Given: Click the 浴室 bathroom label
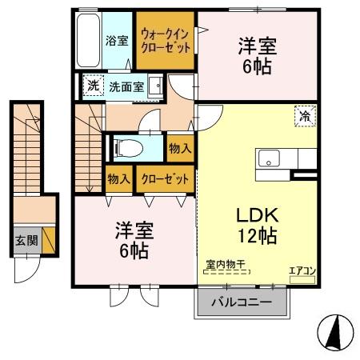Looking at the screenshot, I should click(x=117, y=41).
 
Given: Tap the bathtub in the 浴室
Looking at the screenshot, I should click(x=88, y=40).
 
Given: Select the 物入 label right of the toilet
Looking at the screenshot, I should click(x=179, y=148).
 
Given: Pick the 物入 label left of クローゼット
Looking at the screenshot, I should click(x=119, y=179).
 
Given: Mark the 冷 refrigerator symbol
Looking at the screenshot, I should click(x=304, y=117).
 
